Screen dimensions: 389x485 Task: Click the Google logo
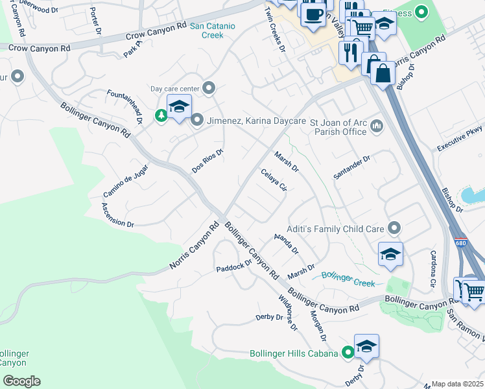click(21, 381)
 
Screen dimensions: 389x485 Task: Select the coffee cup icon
click(314, 14)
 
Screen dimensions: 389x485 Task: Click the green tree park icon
click(161, 115)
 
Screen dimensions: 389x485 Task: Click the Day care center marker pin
click(209, 88)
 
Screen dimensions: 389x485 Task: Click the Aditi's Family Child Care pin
click(394, 228)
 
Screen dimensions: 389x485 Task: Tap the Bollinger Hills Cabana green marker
click(348, 353)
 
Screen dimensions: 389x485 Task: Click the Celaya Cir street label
click(273, 180)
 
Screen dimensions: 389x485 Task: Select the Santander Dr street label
click(351, 167)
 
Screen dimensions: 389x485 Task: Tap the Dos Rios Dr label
click(207, 161)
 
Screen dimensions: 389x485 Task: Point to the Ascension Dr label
click(117, 215)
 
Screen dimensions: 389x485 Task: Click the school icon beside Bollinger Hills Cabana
click(366, 345)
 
